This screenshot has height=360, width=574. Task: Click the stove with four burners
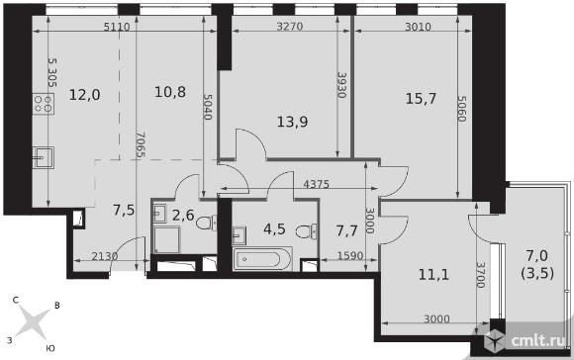pyautogui.click(x=44, y=104)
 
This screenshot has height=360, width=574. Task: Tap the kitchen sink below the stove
pyautogui.click(x=44, y=157)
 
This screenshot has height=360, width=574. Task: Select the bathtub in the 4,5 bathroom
pyautogui.click(x=262, y=259)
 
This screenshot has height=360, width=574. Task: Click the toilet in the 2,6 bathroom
pyautogui.click(x=207, y=223)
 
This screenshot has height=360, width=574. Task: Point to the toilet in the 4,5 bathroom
pyautogui.click(x=307, y=232)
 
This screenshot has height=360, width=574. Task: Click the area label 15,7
pyautogui.click(x=421, y=99)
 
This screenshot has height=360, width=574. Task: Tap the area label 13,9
pyautogui.click(x=292, y=122)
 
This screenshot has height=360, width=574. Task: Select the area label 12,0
pyautogui.click(x=84, y=95)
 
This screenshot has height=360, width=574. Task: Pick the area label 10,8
pyautogui.click(x=170, y=92)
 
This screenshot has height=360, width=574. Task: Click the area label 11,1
pyautogui.click(x=433, y=274)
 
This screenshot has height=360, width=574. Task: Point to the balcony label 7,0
pyautogui.click(x=537, y=256)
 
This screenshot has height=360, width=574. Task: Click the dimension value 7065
pyautogui.click(x=140, y=144)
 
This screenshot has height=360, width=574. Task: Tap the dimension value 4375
pyautogui.click(x=317, y=184)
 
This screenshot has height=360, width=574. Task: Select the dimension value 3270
pyautogui.click(x=290, y=27)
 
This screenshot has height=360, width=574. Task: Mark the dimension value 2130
pyautogui.click(x=105, y=256)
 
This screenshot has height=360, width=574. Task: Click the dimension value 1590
pyautogui.click(x=350, y=255)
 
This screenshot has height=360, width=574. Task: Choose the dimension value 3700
pyautogui.click(x=481, y=275)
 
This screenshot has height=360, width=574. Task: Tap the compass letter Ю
pyautogui.click(x=50, y=348)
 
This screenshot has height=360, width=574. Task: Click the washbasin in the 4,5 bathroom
pyautogui.click(x=239, y=235)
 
